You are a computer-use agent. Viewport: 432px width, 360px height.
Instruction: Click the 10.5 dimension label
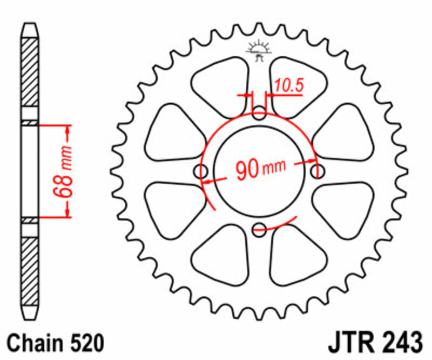(x=287, y=85)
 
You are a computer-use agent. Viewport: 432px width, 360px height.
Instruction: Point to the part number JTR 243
(x=374, y=343)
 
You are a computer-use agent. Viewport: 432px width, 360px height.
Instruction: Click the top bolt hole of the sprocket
(x=260, y=114)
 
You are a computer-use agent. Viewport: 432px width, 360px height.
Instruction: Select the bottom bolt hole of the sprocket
(x=260, y=228)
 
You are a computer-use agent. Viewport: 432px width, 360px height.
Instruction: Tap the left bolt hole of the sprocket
(x=202, y=171)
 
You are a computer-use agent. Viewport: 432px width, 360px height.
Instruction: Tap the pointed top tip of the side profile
(x=30, y=25)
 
